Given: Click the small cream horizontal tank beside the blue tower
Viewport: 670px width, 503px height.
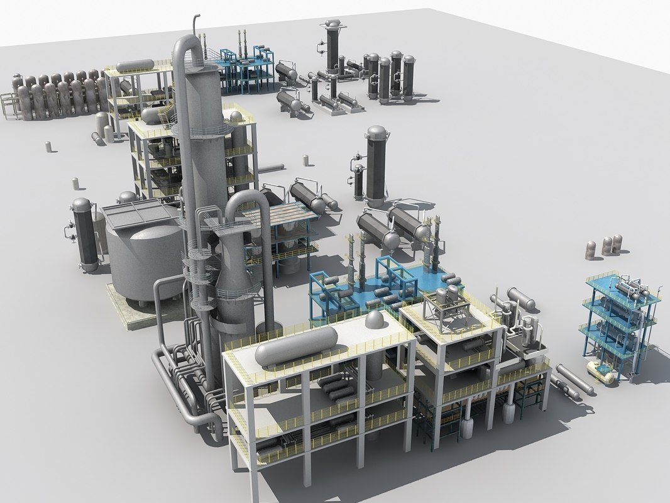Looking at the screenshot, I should [x=601, y=372].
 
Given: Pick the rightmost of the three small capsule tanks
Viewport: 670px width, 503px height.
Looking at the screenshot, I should [x=617, y=243].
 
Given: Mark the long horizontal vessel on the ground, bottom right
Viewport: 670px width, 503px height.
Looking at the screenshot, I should [x=573, y=381].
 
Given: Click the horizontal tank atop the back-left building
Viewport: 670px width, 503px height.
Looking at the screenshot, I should [x=135, y=65].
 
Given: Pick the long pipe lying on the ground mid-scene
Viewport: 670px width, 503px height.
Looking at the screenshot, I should [x=270, y=168].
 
